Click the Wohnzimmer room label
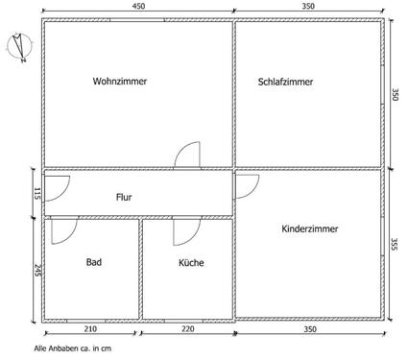tap(120, 82)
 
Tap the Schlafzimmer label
tap(286, 82)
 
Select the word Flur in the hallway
tap(124, 197)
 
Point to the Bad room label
tap(93, 262)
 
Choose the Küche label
tap(191, 262)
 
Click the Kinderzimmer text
tap(310, 228)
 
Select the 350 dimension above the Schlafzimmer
tap(307, 8)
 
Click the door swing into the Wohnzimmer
tap(187, 156)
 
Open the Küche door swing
tap(185, 232)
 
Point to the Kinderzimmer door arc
tap(246, 185)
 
